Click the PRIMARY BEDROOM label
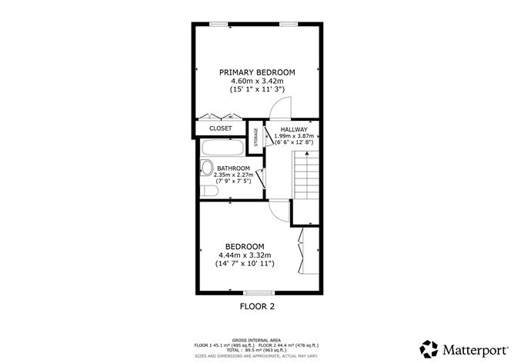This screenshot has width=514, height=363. click(x=257, y=72)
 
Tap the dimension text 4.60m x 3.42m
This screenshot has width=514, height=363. click(x=257, y=81)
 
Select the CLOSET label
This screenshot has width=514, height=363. click(x=221, y=128)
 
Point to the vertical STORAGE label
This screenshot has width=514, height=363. click(x=256, y=135)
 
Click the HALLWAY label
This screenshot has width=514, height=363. click(x=294, y=129)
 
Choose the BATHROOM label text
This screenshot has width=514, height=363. click(x=232, y=168)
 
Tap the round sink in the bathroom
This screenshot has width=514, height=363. click(x=206, y=168)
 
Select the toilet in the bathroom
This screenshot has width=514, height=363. click(x=208, y=189)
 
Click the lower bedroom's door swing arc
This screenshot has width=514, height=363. click(x=278, y=209)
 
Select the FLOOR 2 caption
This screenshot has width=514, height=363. click(x=256, y=306)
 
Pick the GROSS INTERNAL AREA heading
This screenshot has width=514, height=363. click(x=256, y=338)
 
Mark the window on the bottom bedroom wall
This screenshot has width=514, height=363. click(x=257, y=292)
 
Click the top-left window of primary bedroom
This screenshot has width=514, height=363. click(x=220, y=24)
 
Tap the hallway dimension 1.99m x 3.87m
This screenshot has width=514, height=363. click(x=294, y=136)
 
